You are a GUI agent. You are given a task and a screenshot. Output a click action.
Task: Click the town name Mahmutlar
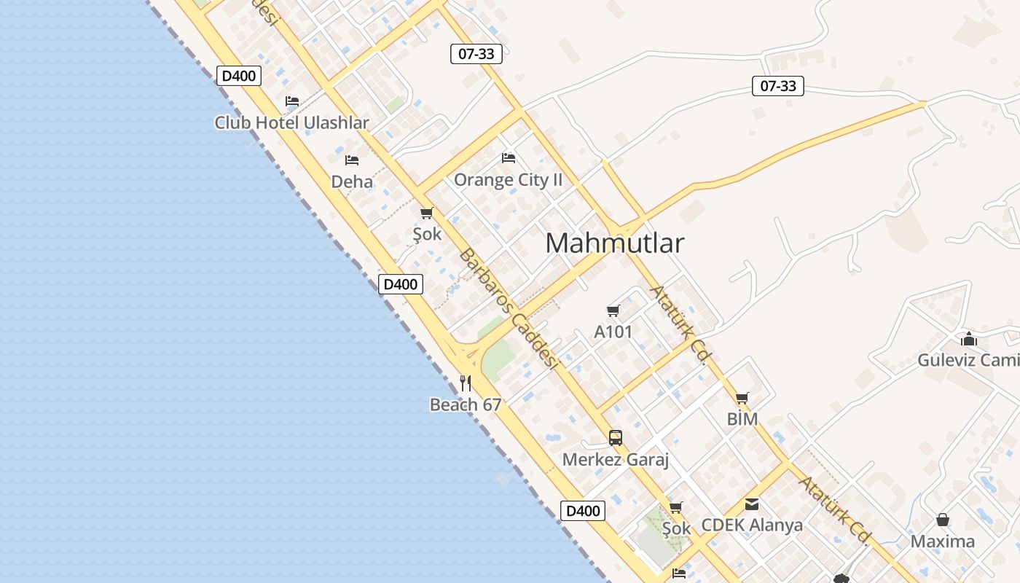click(614, 243)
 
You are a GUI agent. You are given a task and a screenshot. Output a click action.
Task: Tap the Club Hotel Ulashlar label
click(291, 122)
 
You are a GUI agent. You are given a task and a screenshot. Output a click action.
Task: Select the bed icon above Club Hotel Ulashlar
click(292, 101)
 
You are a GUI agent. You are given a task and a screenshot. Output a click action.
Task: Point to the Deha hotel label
click(352, 181)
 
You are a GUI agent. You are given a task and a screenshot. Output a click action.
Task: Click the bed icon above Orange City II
click(509, 157)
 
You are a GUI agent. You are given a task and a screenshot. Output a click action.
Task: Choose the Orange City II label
click(508, 179)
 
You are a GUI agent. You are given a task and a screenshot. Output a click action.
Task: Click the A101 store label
click(613, 332)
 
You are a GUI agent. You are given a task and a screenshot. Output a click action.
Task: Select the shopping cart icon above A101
click(613, 311)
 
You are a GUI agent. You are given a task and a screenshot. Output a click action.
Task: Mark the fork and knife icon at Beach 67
click(466, 383)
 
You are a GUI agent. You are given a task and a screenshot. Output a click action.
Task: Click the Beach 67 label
click(466, 404)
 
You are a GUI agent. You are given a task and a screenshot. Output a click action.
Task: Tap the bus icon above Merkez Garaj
click(616, 438)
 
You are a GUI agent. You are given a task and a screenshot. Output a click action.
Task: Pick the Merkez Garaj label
click(616, 460)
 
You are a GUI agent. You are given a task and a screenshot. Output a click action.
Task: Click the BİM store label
click(742, 419)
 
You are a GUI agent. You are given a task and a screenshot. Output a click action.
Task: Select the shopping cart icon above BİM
click(742, 398)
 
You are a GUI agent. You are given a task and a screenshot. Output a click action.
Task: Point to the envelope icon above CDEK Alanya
click(752, 504)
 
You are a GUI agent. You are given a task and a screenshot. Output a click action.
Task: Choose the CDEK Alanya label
click(752, 525)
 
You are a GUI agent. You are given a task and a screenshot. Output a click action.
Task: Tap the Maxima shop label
click(942, 541)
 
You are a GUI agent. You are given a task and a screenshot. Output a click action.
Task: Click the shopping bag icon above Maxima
click(943, 520)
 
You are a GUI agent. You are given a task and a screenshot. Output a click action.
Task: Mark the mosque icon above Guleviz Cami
click(969, 339)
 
